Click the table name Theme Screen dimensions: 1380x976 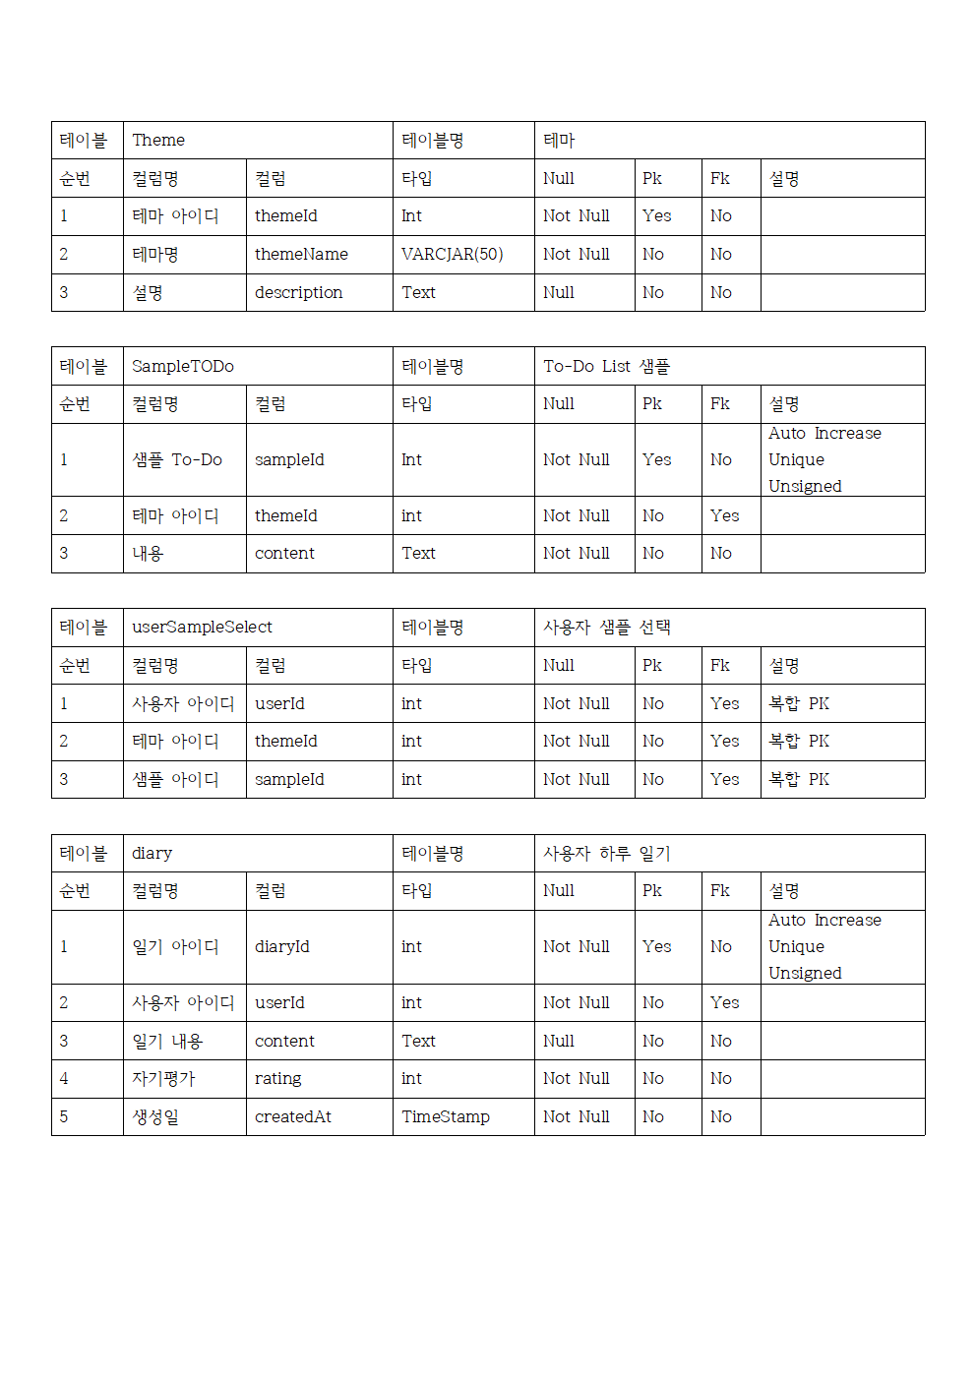click(x=158, y=141)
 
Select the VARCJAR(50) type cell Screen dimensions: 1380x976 click(x=452, y=255)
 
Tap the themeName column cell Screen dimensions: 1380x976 click(x=301, y=255)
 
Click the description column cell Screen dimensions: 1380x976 click(x=298, y=293)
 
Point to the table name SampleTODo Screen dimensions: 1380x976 click(x=183, y=367)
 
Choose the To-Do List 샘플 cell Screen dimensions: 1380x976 click(x=606, y=367)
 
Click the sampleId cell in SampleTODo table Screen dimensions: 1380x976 click(x=289, y=460)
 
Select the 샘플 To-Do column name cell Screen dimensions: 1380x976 click(x=177, y=460)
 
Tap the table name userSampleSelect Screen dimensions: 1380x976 click(x=202, y=628)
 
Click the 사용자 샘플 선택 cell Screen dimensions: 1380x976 click(x=606, y=628)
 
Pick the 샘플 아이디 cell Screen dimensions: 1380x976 click(x=175, y=780)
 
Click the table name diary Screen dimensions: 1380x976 click(x=152, y=854)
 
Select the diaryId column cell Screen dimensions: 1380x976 click(x=281, y=947)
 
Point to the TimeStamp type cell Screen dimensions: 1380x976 click(x=445, y=1117)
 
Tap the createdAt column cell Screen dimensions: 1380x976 click(x=292, y=1117)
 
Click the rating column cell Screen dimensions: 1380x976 click(x=277, y=1079)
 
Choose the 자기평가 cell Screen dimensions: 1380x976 click(x=163, y=1079)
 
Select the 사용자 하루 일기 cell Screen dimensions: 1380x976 click(x=606, y=854)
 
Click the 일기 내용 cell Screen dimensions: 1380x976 click(x=167, y=1042)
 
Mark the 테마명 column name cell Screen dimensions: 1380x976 click(x=155, y=255)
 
